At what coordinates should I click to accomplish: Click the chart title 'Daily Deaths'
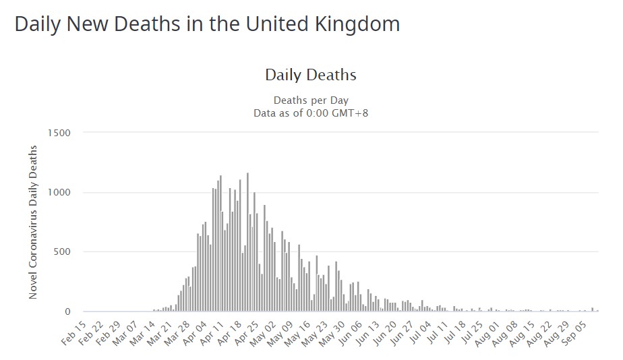(x=310, y=75)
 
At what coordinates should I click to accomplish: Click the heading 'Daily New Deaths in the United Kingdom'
(x=207, y=24)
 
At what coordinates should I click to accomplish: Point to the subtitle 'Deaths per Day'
(x=311, y=100)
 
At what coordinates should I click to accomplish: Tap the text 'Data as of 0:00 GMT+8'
(x=311, y=113)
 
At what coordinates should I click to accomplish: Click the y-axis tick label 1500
(x=59, y=133)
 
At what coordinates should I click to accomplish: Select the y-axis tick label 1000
(x=59, y=193)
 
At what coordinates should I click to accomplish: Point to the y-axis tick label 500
(x=61, y=252)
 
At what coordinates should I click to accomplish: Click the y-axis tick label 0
(x=67, y=312)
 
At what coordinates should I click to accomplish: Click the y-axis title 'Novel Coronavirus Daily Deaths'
(x=33, y=222)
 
